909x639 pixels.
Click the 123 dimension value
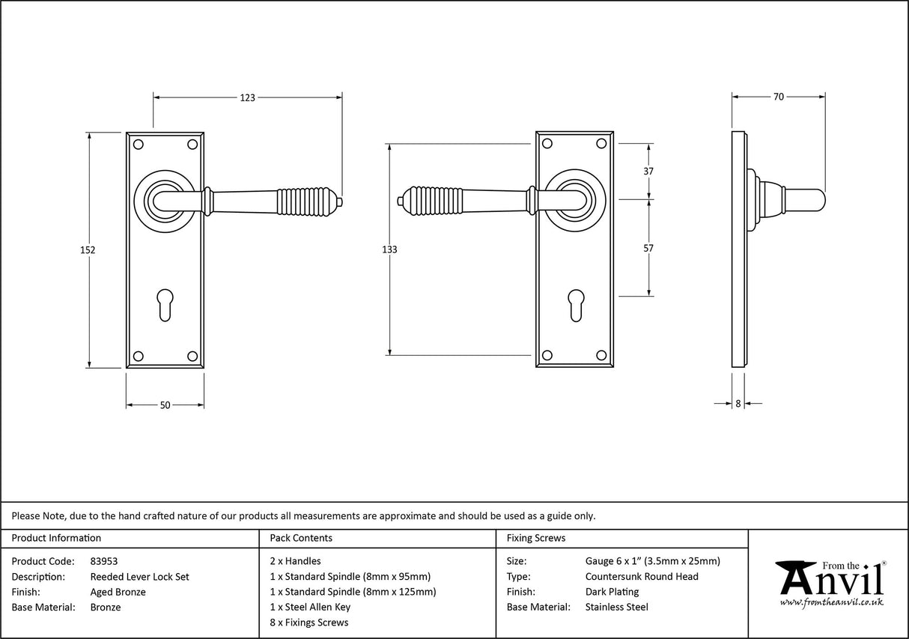tap(247, 97)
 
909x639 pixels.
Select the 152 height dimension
tap(88, 250)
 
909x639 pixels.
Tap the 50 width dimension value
tap(165, 405)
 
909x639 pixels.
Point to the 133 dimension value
tap(389, 249)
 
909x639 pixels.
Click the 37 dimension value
tap(648, 171)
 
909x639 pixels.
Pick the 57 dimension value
tap(648, 248)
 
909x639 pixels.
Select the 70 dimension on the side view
tap(778, 97)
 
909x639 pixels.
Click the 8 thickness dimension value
tap(738, 404)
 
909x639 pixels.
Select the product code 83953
tap(103, 561)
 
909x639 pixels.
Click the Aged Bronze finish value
tap(118, 592)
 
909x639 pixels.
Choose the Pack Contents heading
tap(301, 538)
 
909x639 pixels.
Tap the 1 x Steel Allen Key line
tap(310, 608)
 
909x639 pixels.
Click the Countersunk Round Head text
tap(641, 577)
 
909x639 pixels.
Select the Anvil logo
tap(830, 583)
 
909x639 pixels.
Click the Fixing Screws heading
tap(536, 538)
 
